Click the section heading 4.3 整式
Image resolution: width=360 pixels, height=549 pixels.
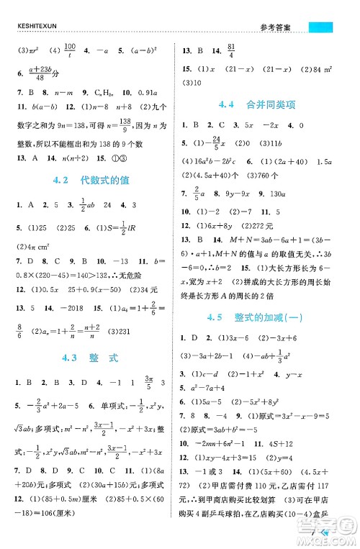(x=90, y=357)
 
